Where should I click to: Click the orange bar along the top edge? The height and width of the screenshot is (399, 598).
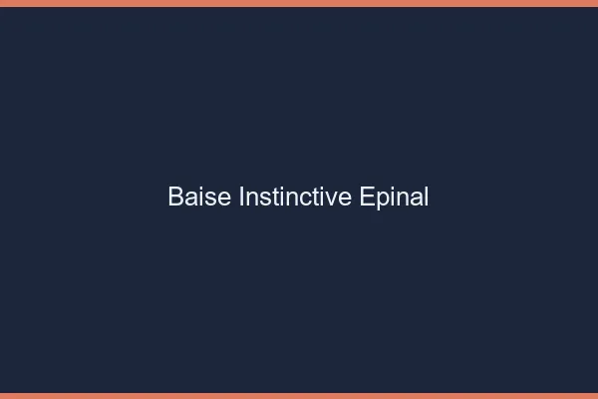click(299, 3)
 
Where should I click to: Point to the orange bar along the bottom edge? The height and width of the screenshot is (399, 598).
click(299, 395)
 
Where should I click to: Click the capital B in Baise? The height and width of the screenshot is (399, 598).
click(176, 198)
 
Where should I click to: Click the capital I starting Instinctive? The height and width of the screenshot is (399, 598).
click(241, 198)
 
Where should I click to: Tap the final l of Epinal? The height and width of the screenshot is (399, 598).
click(426, 198)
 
